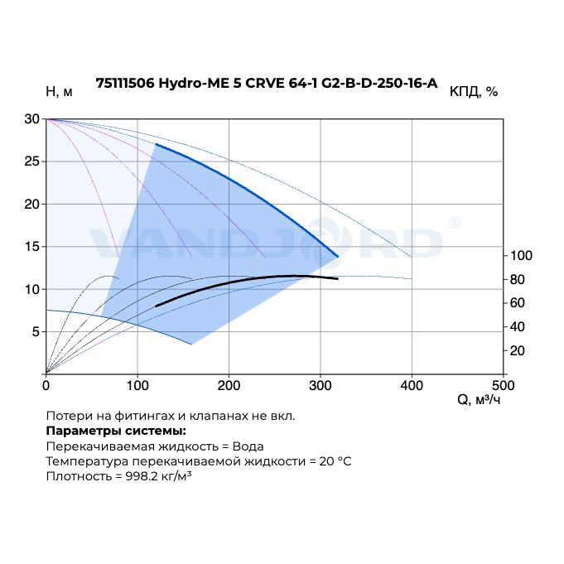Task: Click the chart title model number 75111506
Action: coord(125,83)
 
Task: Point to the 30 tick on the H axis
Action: coord(31,118)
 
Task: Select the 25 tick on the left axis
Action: coord(31,161)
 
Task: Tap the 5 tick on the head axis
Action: coord(35,332)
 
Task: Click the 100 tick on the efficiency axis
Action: coord(521,255)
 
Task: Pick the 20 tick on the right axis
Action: coord(518,350)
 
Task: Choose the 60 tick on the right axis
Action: coord(518,303)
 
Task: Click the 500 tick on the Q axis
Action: coord(504,385)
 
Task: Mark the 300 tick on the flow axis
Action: coord(321,385)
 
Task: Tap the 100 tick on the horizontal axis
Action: coord(137,385)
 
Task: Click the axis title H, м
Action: coord(59,92)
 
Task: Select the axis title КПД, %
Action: coord(473,92)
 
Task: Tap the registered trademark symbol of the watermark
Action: coord(454,222)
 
